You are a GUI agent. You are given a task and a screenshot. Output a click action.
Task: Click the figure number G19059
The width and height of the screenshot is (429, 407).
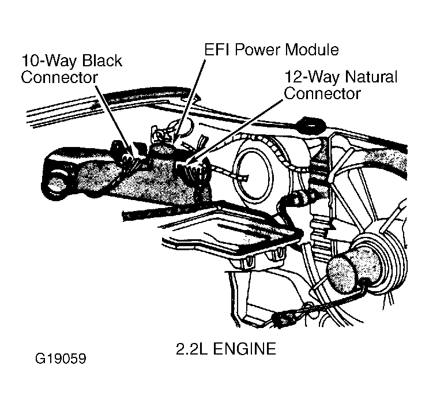(59, 359)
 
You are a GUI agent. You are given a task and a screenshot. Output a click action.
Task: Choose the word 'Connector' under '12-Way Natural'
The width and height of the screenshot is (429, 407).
(322, 93)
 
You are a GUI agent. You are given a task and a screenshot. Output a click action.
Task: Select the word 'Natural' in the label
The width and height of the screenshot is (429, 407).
(369, 77)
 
